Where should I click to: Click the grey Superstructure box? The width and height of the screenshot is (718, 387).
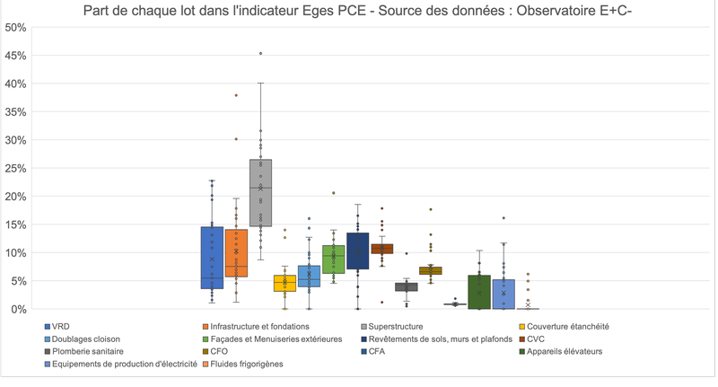[260, 193]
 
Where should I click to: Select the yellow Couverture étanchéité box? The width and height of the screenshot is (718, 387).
[285, 283]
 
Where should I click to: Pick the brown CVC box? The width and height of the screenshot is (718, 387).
[382, 249]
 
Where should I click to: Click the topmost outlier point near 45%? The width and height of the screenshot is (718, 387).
[260, 54]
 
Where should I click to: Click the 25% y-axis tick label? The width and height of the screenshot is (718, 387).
[15, 168]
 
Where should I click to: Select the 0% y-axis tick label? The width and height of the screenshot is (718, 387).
[18, 309]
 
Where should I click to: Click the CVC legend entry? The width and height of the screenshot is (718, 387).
[536, 339]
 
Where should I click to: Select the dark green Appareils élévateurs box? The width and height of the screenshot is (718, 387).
[479, 292]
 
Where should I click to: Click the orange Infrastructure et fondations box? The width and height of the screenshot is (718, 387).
[236, 253]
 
